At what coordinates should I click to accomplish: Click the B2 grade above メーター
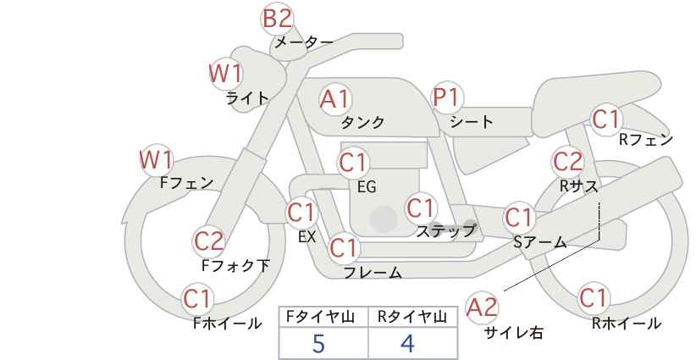tap(277, 18)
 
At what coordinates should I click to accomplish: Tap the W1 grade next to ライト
tap(225, 74)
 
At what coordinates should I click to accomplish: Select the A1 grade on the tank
tap(334, 99)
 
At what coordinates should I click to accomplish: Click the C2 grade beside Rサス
tap(567, 161)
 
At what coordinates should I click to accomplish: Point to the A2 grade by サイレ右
tap(483, 307)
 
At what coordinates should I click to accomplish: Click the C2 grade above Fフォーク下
tap(209, 241)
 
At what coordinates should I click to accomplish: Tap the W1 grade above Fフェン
tap(157, 158)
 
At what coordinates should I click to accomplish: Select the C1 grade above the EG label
tap(353, 162)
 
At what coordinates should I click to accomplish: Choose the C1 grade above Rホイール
tap(594, 298)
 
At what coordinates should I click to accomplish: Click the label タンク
tap(362, 123)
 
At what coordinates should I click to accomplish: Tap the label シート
tap(472, 122)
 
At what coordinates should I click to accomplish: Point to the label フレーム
tap(373, 273)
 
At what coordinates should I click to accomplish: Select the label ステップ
tap(445, 230)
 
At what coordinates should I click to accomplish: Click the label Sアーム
tap(539, 242)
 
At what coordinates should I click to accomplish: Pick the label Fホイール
tap(228, 324)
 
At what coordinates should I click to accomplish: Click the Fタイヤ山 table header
tap(323, 317)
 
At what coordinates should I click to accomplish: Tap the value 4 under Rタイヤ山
tap(408, 344)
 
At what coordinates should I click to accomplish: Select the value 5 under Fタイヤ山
tap(318, 344)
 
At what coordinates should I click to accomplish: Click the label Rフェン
tap(645, 141)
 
